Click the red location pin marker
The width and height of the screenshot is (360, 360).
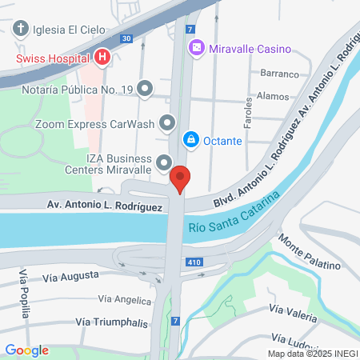click(181, 179)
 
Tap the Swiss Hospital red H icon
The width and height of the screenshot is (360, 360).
click(102, 58)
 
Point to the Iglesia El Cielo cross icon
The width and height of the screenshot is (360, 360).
click(21, 30)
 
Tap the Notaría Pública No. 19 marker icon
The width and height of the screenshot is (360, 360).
click(145, 89)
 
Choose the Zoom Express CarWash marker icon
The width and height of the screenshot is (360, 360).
click(167, 124)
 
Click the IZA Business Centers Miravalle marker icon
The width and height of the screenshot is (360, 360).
click(164, 163)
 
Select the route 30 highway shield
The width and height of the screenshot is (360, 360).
click(126, 38)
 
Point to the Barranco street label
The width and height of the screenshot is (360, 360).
click(279, 72)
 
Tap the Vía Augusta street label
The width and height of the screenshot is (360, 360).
click(71, 276)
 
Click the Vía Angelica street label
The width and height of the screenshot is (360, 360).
click(124, 300)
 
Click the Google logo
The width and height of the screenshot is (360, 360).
click(26, 350)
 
